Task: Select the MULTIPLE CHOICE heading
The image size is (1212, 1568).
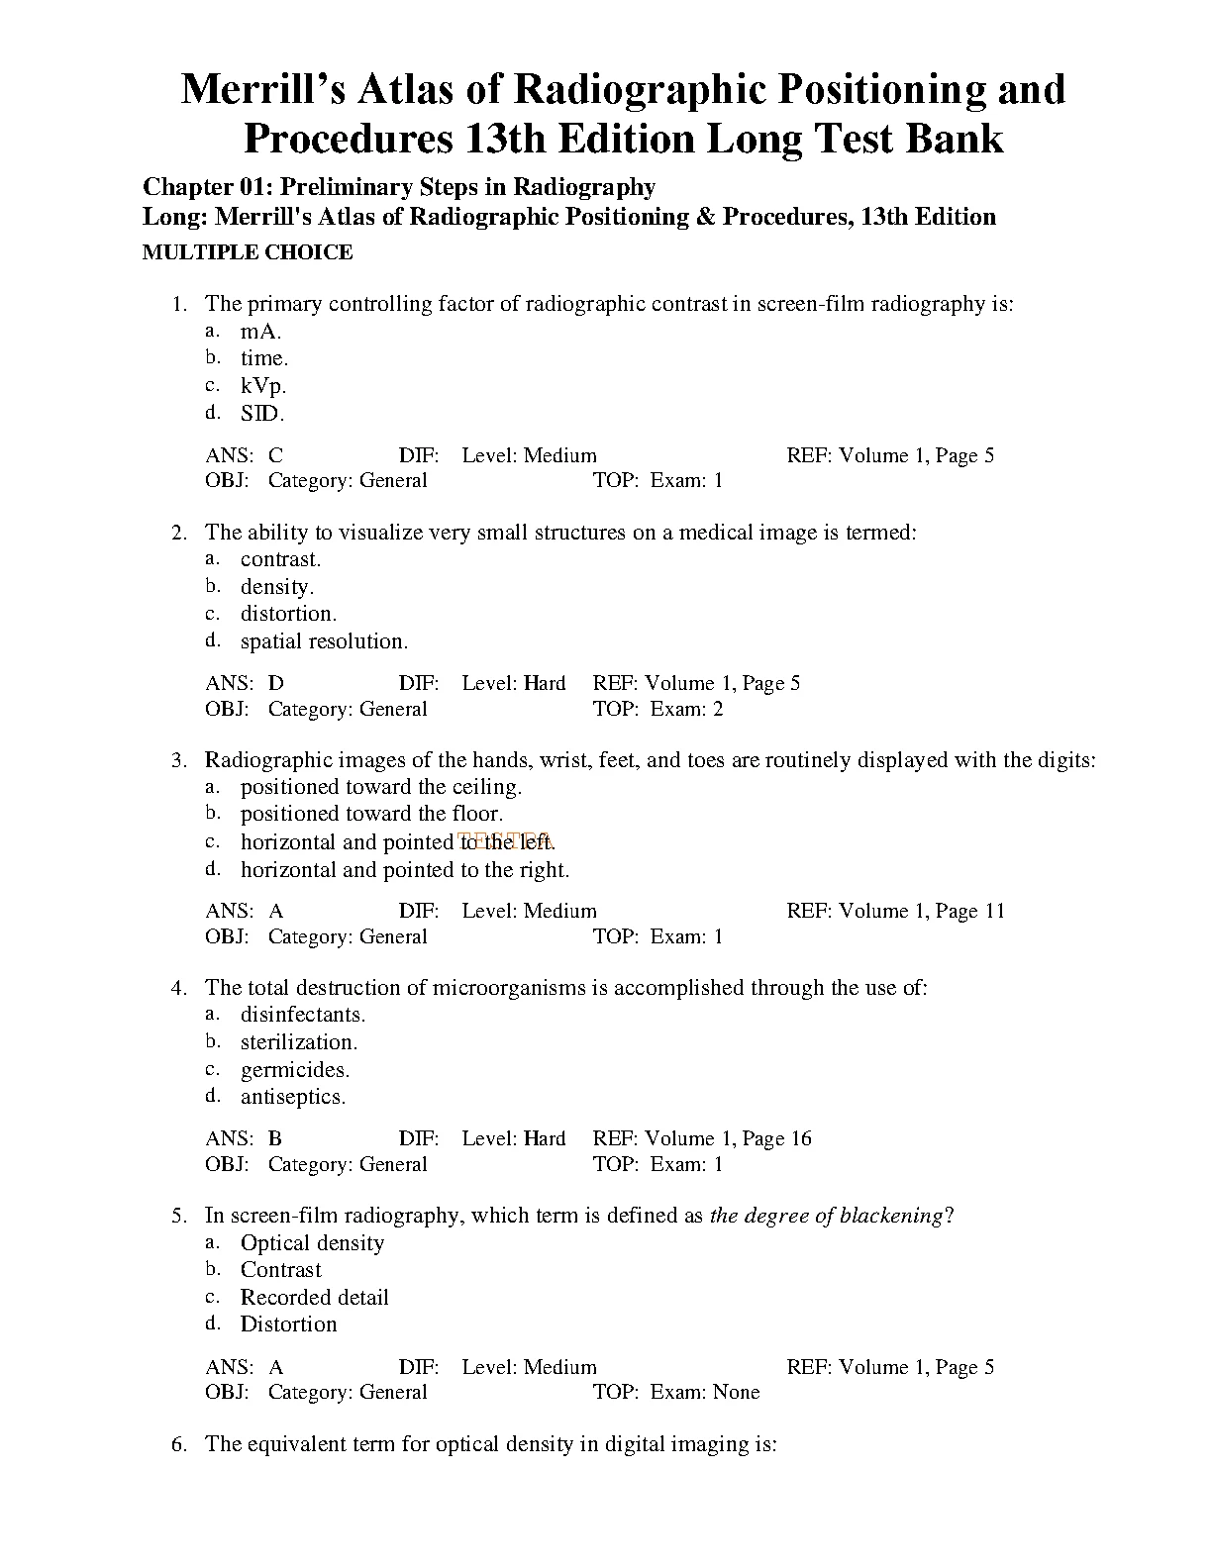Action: point(248,252)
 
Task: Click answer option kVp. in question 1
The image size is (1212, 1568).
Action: point(263,386)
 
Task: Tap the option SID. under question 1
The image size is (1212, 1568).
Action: point(262,414)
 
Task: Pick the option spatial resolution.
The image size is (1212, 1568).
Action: point(324,641)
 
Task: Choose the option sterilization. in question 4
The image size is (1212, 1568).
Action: point(299,1042)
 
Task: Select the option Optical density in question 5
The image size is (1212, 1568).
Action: point(312,1243)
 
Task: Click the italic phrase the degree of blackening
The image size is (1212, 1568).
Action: point(826,1216)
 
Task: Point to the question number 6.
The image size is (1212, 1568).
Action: point(179,1444)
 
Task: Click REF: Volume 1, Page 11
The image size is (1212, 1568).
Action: point(895,911)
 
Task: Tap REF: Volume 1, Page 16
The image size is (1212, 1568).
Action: point(701,1138)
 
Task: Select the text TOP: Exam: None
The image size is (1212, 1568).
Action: point(675,1392)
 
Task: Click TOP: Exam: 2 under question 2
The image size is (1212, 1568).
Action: point(657,709)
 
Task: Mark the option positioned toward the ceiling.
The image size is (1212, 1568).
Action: point(381,787)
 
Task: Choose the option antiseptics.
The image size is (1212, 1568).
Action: point(293,1097)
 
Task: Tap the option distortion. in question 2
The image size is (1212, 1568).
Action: point(288,614)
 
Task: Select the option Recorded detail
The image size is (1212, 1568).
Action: point(315,1298)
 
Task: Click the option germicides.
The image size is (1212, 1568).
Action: point(295,1070)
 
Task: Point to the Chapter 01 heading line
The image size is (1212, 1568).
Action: point(399,187)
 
